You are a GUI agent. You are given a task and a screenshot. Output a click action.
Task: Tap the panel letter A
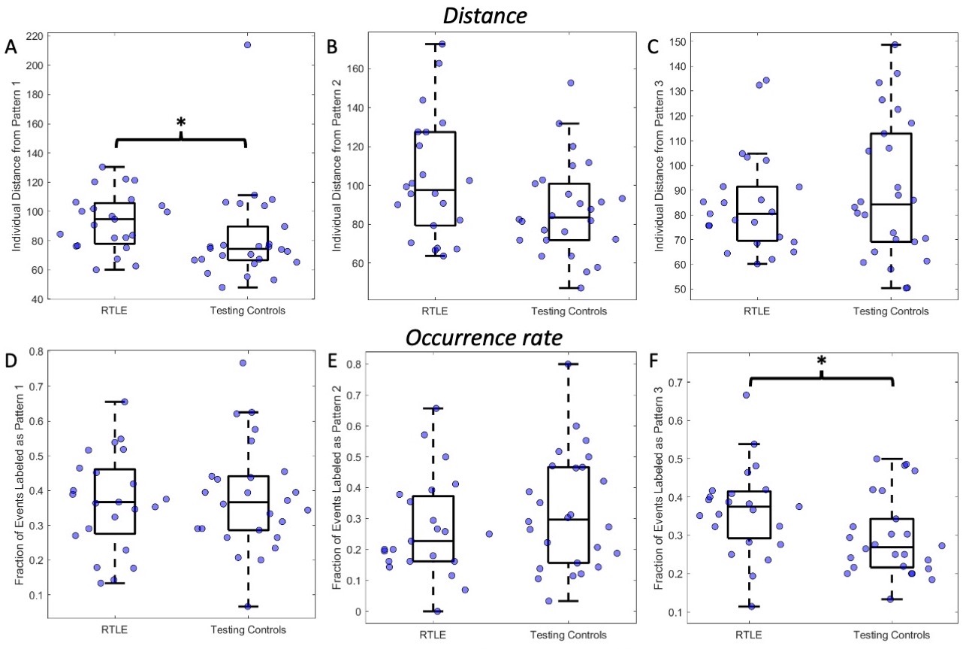tap(11, 46)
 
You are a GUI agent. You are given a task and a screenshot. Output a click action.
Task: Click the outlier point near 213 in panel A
tap(247, 45)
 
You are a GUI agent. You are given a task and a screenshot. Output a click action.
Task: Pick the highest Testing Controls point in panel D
tap(243, 363)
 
